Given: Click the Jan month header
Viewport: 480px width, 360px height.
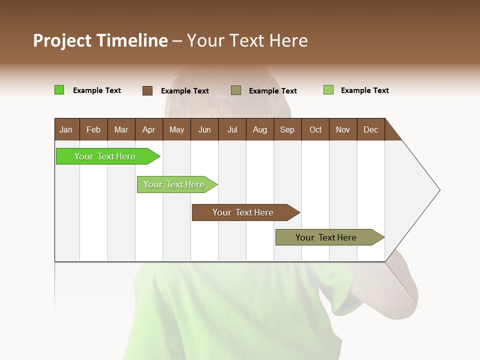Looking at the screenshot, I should coord(66,129).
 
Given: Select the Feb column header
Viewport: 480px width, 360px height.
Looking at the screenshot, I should coord(93,129).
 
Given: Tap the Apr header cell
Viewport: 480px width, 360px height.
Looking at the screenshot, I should coord(148,129).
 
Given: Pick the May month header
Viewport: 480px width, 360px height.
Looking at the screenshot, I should coord(176,129).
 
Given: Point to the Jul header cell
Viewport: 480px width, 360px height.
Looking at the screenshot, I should coord(232,129).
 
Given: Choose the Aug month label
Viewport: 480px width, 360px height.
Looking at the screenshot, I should coord(259,129).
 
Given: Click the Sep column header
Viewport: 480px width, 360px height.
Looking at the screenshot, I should coord(287,129).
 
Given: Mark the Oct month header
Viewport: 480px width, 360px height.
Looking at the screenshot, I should coord(315,129).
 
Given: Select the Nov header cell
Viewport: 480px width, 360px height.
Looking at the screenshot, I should coord(343,129).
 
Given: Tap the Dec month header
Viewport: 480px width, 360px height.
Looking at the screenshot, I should coord(370,129).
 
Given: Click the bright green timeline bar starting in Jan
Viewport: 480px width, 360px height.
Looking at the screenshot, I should coord(105,156).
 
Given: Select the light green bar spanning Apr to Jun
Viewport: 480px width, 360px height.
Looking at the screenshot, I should coord(174,184).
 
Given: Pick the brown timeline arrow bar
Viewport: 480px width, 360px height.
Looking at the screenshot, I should coord(243,212).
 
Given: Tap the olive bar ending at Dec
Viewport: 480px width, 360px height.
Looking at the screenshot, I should coord(326,237).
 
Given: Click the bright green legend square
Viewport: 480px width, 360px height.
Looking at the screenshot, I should coord(59,90).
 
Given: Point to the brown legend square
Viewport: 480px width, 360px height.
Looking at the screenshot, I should coord(147,90).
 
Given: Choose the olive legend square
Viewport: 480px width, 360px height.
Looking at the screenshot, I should coord(236,90).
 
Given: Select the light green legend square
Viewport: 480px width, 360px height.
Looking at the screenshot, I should coord(328,90).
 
